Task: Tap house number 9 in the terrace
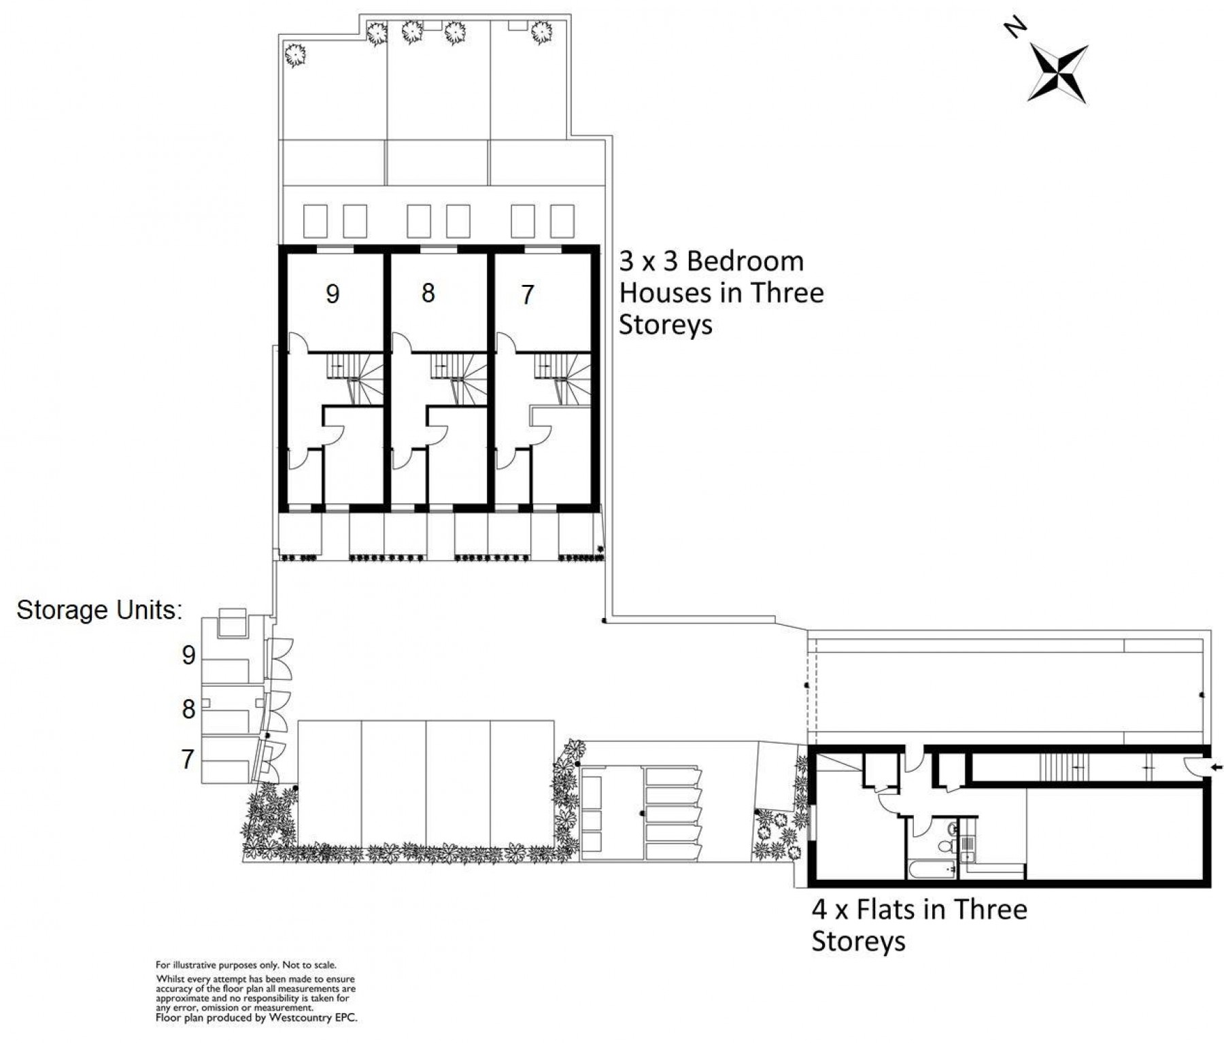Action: pos(333,294)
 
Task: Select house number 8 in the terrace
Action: pos(428,293)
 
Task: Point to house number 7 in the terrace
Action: pos(528,295)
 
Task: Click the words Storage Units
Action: pos(99,610)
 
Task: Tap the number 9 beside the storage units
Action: pos(188,655)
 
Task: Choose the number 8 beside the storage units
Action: pos(188,710)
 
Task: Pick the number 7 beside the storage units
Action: pos(188,759)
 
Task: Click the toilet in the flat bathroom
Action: pos(945,846)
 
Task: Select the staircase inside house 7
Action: pos(563,379)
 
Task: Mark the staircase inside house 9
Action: pos(356,379)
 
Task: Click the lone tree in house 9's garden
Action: pos(294,54)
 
